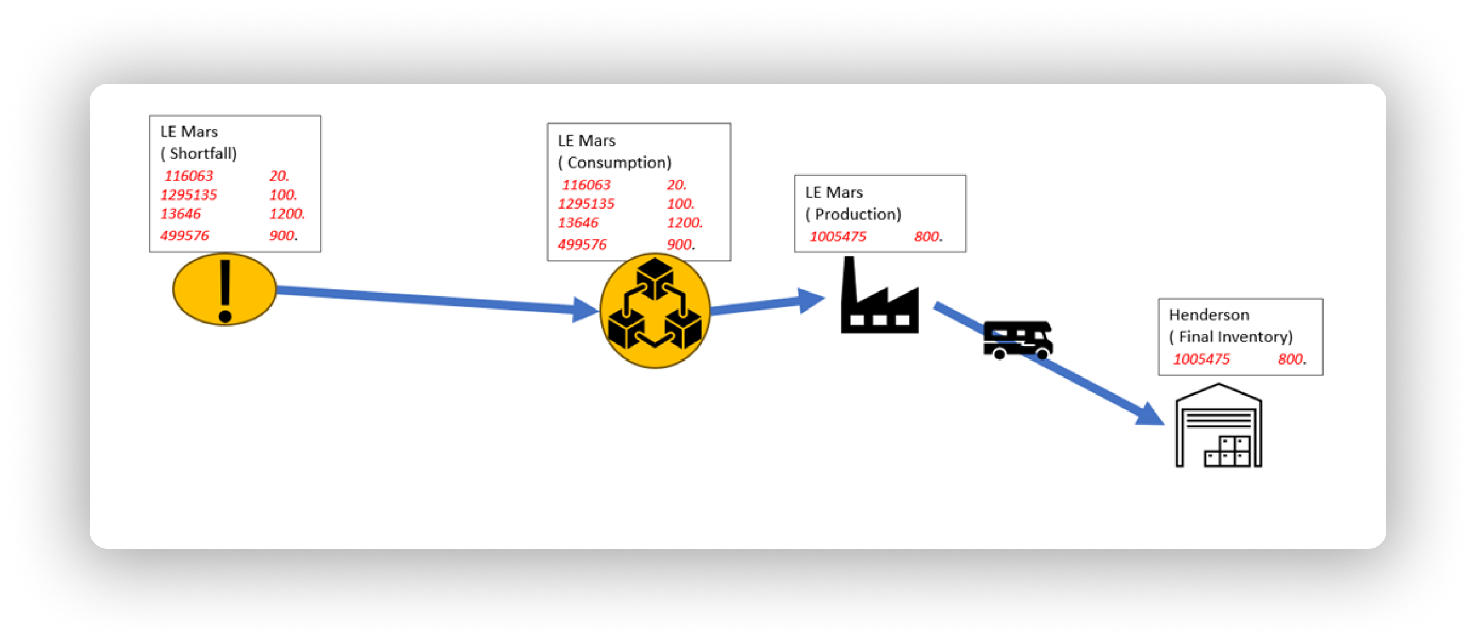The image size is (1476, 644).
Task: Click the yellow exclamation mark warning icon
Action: click(x=224, y=290)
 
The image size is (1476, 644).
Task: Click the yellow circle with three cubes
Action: click(x=655, y=311)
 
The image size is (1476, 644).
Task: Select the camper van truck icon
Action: click(x=1017, y=340)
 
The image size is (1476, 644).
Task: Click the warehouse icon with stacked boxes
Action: click(x=1218, y=426)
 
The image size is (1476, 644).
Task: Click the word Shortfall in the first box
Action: click(x=203, y=154)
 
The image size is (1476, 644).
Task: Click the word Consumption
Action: click(x=619, y=163)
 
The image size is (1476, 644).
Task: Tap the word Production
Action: click(x=858, y=214)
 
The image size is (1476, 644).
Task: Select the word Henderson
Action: click(x=1209, y=315)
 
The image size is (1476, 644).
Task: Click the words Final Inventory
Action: click(x=1235, y=337)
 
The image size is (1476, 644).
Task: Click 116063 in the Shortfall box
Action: click(x=189, y=176)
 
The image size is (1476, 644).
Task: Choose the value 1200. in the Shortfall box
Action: click(x=287, y=214)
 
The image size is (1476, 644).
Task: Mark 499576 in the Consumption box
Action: click(x=582, y=245)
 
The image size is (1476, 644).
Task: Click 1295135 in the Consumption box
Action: click(x=586, y=204)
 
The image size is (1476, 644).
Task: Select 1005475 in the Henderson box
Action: click(x=1202, y=359)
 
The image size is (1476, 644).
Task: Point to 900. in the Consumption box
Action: click(x=680, y=245)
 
